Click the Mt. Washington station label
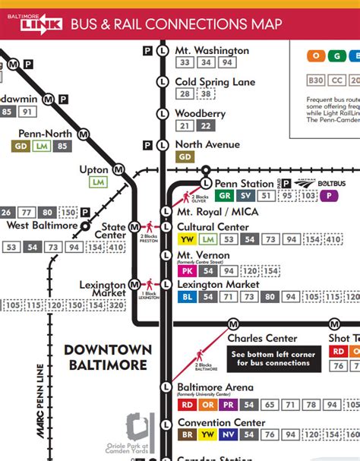click(212, 51)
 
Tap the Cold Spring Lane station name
click(214, 82)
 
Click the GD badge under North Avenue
click(185, 157)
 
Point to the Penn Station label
click(245, 184)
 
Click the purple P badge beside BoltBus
click(328, 195)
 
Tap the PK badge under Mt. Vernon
click(186, 271)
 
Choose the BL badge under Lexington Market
click(186, 296)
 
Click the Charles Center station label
click(262, 338)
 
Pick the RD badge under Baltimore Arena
click(186, 404)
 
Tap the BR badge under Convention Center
click(186, 434)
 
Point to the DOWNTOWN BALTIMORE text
click(108, 357)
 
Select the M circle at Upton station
click(118, 169)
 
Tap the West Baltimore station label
click(43, 226)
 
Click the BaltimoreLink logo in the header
click(34, 24)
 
